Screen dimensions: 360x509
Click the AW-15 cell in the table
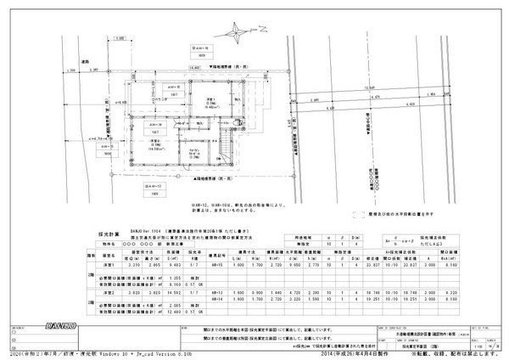(x=216, y=265)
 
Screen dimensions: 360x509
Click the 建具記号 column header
(x=216, y=253)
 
